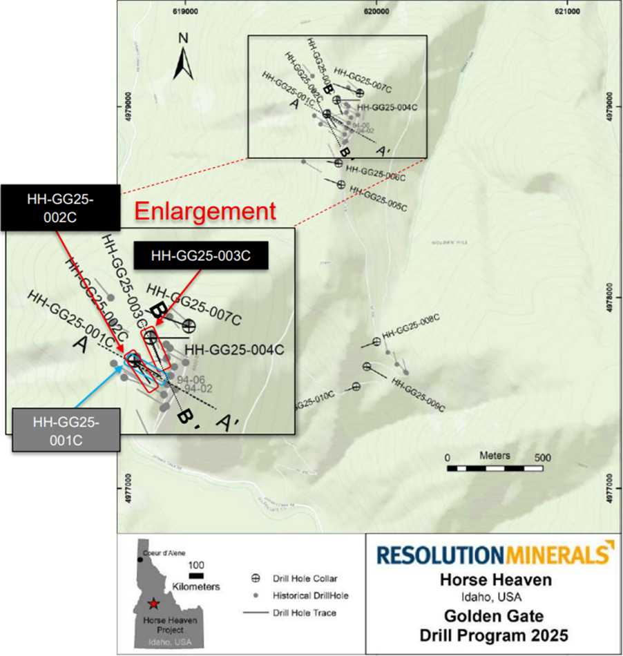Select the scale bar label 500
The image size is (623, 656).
(544, 457)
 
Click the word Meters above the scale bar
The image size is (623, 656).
(495, 456)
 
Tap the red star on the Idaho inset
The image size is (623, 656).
(153, 604)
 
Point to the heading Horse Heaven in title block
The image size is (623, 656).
(497, 580)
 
